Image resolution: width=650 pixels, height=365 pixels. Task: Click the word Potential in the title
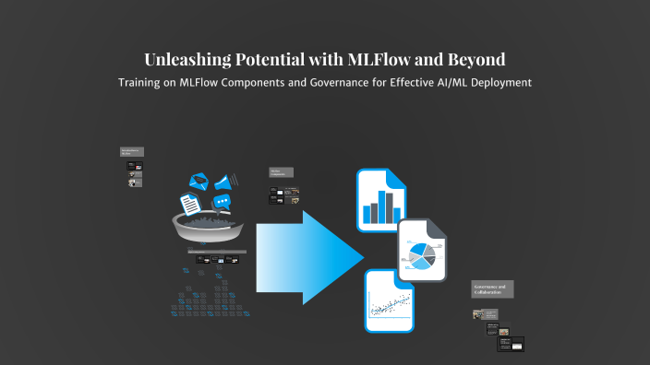(264, 60)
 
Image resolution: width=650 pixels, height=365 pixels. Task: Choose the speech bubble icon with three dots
(222, 202)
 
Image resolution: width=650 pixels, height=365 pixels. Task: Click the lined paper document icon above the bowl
(190, 202)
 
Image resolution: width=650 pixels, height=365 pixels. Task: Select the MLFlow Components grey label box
(281, 172)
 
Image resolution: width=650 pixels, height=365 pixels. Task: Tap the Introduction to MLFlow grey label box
(132, 152)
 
